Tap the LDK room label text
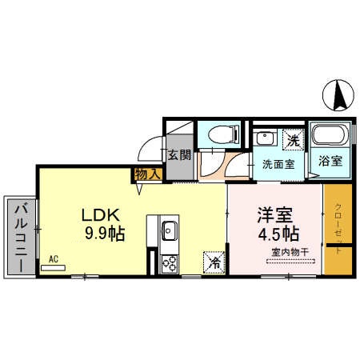coord(100,215)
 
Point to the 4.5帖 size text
coord(278,234)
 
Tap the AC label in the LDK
coord(54,258)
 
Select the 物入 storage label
coord(149,173)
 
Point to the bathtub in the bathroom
coord(326,136)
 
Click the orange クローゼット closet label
coord(338,231)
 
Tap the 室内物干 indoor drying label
coord(285,253)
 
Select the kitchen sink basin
coord(169,231)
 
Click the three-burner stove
coord(169,262)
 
